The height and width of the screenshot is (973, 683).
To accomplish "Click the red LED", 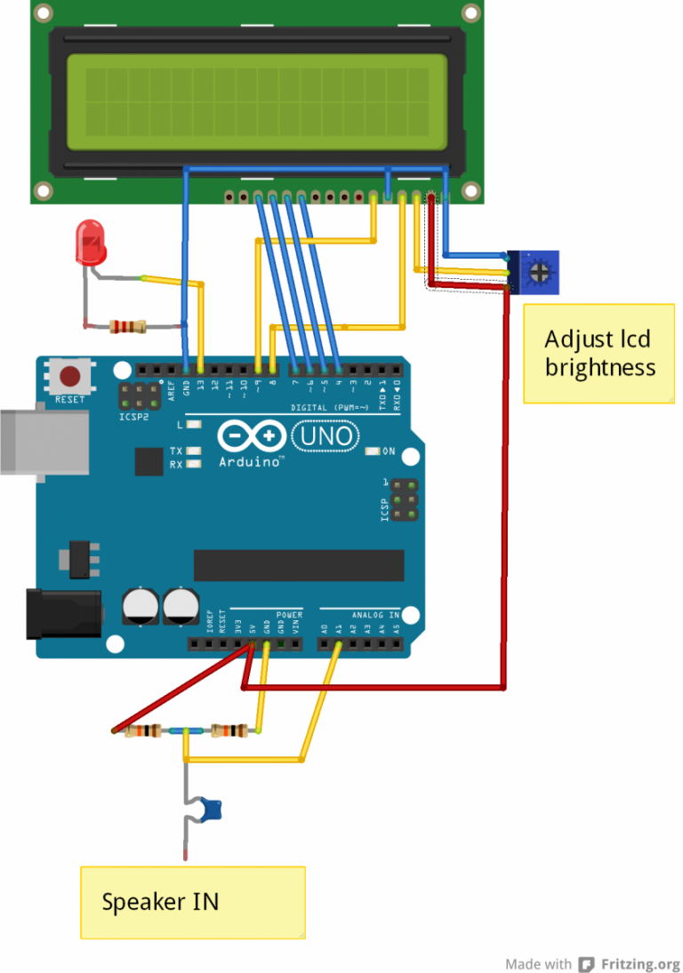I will coord(91,243).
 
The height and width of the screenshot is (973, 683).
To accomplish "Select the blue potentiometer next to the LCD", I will coord(536,272).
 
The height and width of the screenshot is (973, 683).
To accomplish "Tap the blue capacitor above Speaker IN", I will coord(210,809).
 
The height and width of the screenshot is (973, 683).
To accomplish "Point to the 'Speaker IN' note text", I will coord(160,902).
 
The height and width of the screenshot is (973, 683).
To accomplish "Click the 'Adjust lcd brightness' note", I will coord(599,353).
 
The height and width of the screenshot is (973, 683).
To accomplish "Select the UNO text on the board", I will coord(326,436).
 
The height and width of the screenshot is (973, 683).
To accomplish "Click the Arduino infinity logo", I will coord(252,436).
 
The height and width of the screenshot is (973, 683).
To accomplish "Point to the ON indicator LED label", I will coord(389,451).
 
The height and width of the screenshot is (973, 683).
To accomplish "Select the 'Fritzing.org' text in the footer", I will coord(639,964).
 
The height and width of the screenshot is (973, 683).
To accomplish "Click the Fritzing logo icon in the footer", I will coord(586,964).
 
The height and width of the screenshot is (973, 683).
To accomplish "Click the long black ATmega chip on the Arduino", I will coord(299,565).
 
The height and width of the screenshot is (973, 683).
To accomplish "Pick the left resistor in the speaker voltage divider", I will coord(142,731).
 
